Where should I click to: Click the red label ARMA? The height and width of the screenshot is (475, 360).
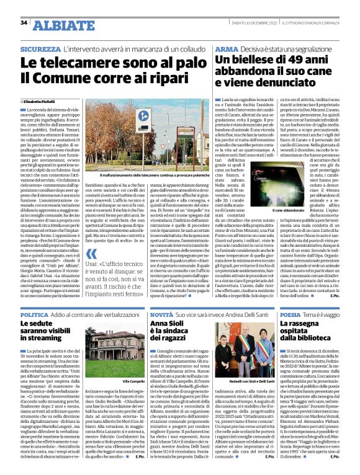[x=226, y=47]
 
